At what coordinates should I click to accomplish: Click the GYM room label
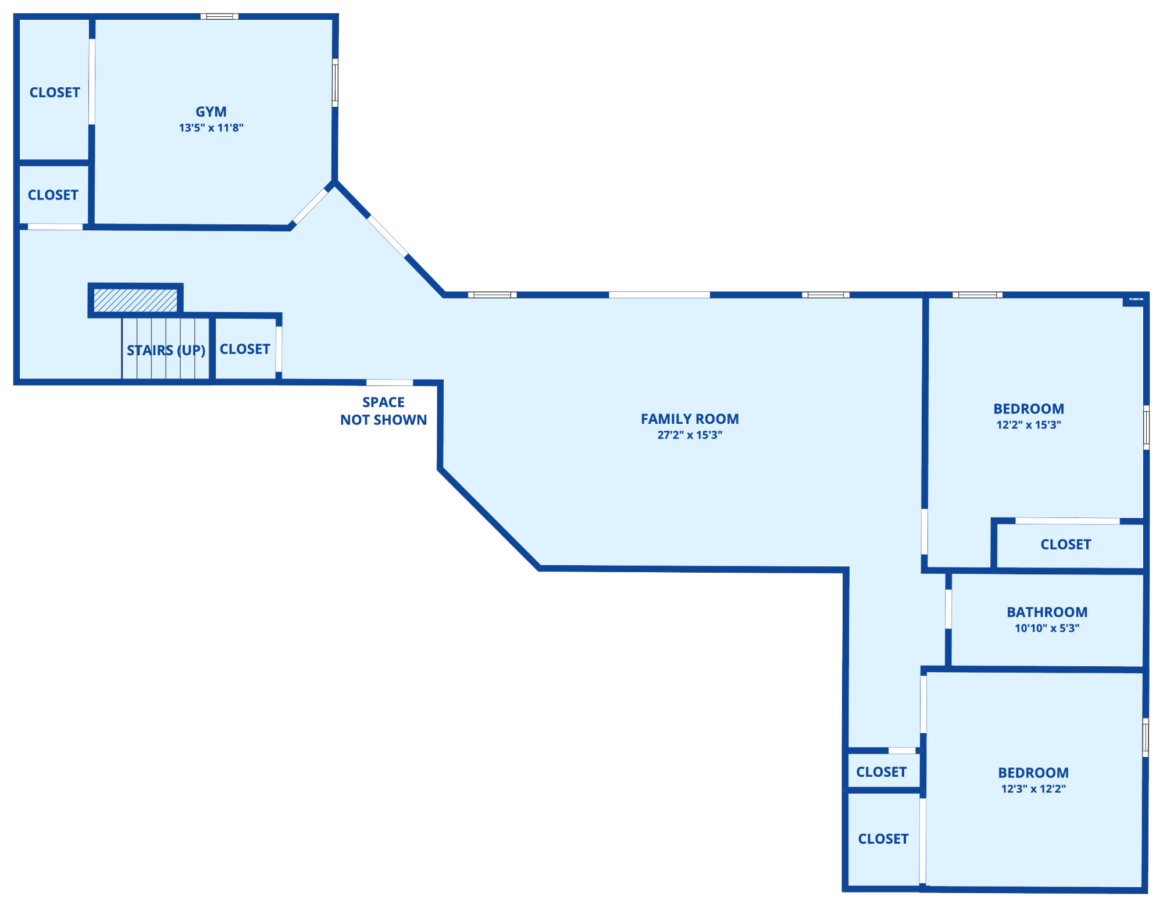[211, 112]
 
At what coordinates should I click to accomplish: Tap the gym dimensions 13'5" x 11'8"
[211, 128]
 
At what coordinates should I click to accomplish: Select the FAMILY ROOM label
[690, 419]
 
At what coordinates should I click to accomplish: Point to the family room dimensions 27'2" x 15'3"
[690, 435]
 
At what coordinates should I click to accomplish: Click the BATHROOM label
[1047, 612]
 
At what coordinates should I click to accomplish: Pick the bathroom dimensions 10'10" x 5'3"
[1047, 628]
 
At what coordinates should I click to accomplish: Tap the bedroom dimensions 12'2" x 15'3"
[1029, 425]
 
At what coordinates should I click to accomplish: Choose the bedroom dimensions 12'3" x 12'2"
[1033, 789]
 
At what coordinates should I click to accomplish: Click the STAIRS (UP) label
[166, 350]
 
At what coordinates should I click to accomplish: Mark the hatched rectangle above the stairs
[135, 301]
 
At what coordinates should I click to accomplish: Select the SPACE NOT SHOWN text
[384, 411]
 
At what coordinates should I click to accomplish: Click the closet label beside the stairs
[245, 349]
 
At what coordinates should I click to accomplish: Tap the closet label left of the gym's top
[55, 92]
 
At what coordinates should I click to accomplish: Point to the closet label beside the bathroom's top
[1066, 544]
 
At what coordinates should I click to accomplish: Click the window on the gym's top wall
[219, 16]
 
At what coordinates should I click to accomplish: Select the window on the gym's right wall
[335, 83]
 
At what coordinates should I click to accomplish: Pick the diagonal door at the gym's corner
[310, 206]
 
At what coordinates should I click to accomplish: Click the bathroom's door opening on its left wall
[948, 609]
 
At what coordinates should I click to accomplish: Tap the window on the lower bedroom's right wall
[1146, 737]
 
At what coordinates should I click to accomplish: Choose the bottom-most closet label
[883, 839]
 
